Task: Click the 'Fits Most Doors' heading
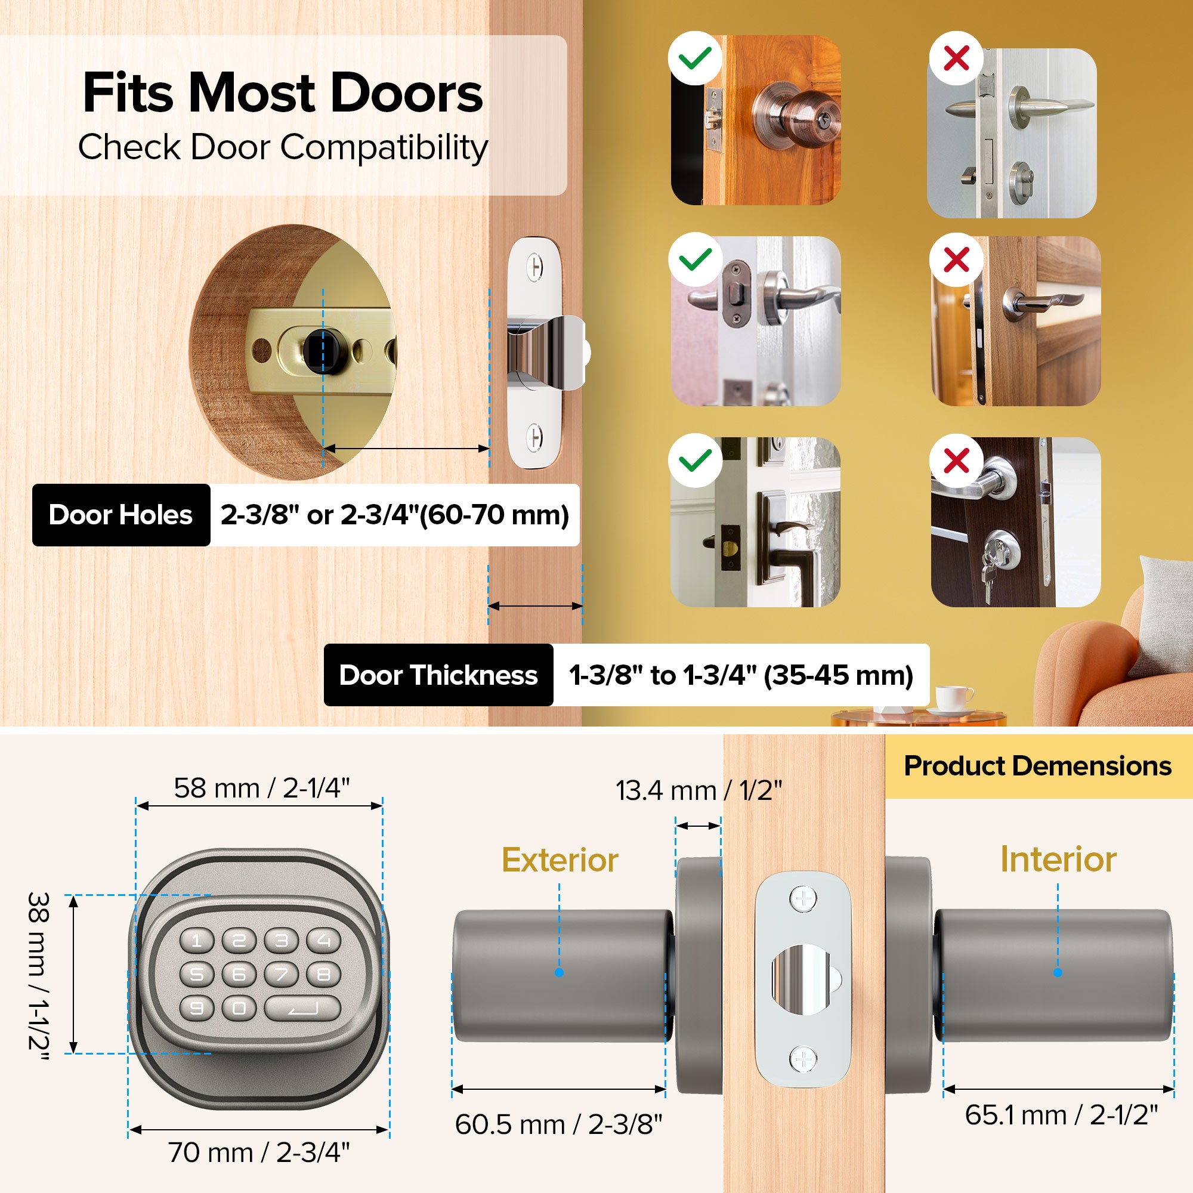pyautogui.click(x=283, y=92)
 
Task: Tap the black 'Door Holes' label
pyautogui.click(x=121, y=515)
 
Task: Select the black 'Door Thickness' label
pyautogui.click(x=438, y=675)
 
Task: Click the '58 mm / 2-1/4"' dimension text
pyautogui.click(x=262, y=789)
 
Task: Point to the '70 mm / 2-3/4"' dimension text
pyautogui.click(x=259, y=1152)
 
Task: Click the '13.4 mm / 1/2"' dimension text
pyautogui.click(x=699, y=791)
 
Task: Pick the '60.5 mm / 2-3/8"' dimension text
pyautogui.click(x=558, y=1124)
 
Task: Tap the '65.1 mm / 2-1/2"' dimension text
pyautogui.click(x=1061, y=1115)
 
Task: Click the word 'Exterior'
pyautogui.click(x=560, y=860)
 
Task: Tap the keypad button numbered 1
pyautogui.click(x=197, y=941)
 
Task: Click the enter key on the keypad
pyautogui.click(x=302, y=1008)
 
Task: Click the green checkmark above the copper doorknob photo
pyautogui.click(x=696, y=58)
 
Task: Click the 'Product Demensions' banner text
pyautogui.click(x=1037, y=767)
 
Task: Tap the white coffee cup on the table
pyautogui.click(x=952, y=700)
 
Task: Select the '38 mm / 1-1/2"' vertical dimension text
pyautogui.click(x=39, y=975)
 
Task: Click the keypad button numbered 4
pyautogui.click(x=324, y=941)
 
